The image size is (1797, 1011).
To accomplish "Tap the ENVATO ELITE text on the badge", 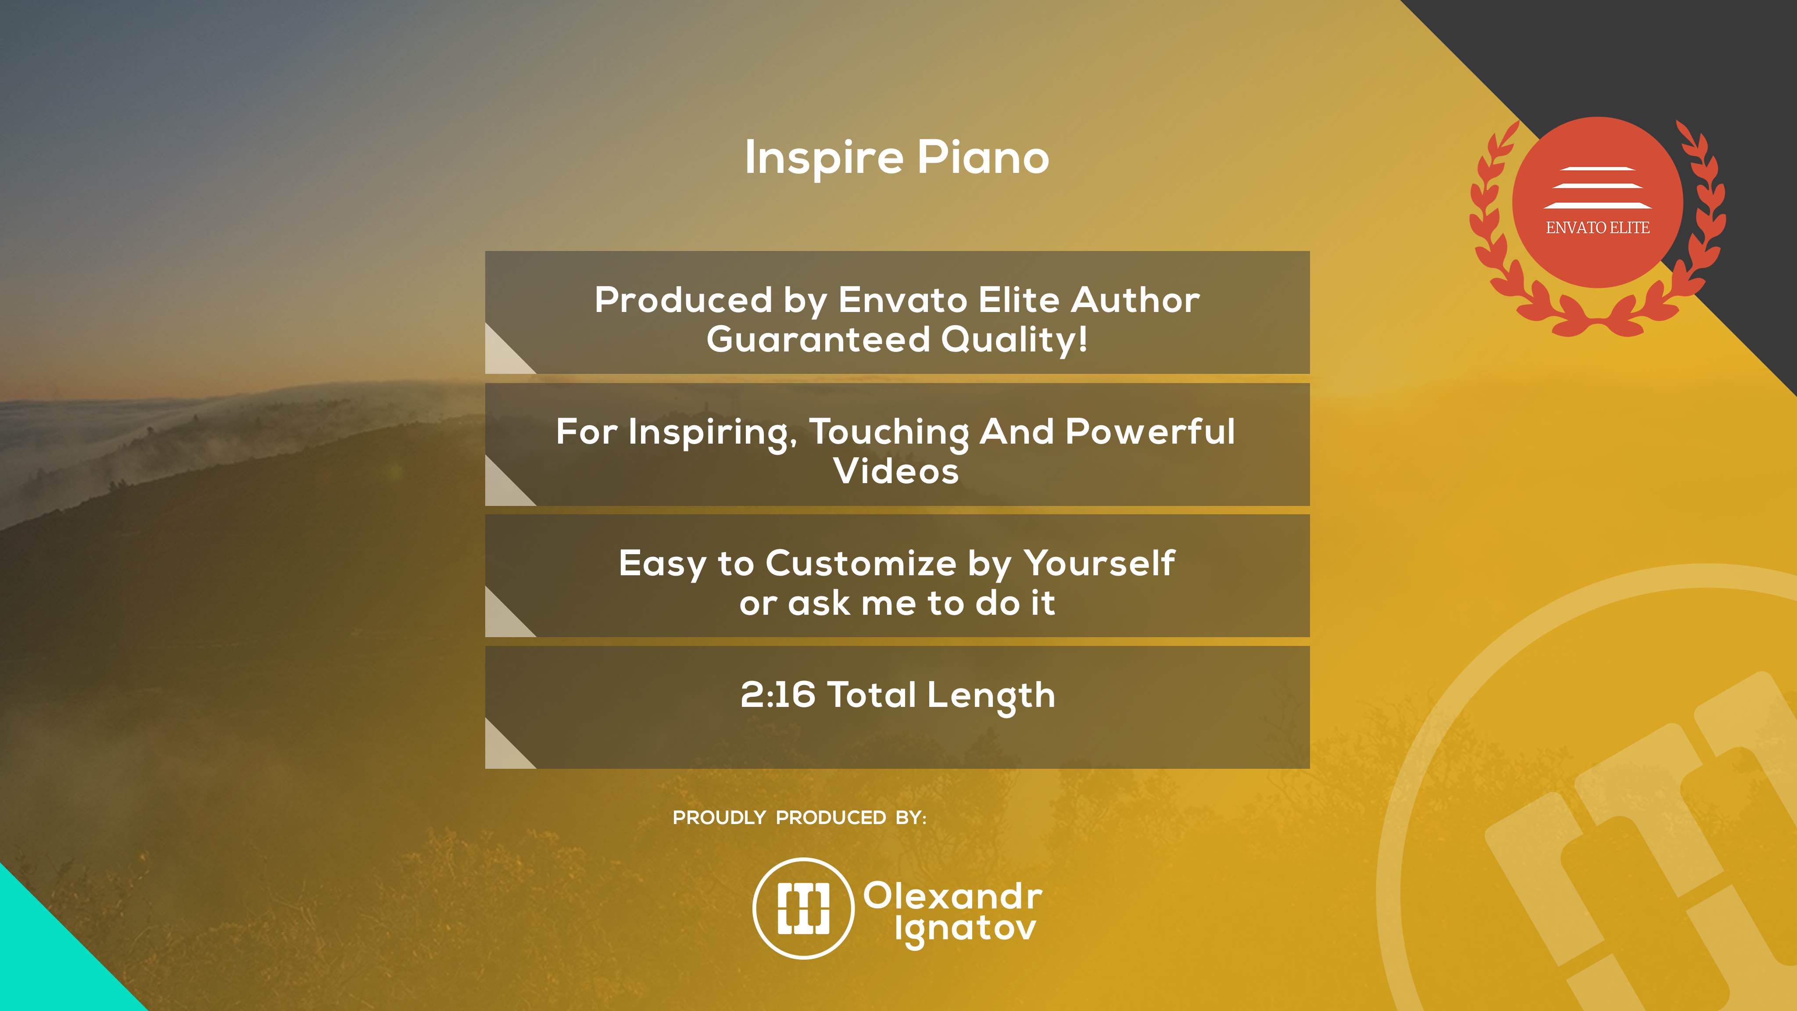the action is (x=1597, y=227).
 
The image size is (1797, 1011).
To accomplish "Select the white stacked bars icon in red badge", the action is (x=1597, y=188).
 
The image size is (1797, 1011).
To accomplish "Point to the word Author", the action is (x=1135, y=300).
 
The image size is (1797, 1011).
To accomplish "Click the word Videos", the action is (x=896, y=471).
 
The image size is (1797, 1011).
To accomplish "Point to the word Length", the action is (x=991, y=696).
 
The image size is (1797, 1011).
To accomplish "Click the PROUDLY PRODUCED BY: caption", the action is (x=799, y=818).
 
